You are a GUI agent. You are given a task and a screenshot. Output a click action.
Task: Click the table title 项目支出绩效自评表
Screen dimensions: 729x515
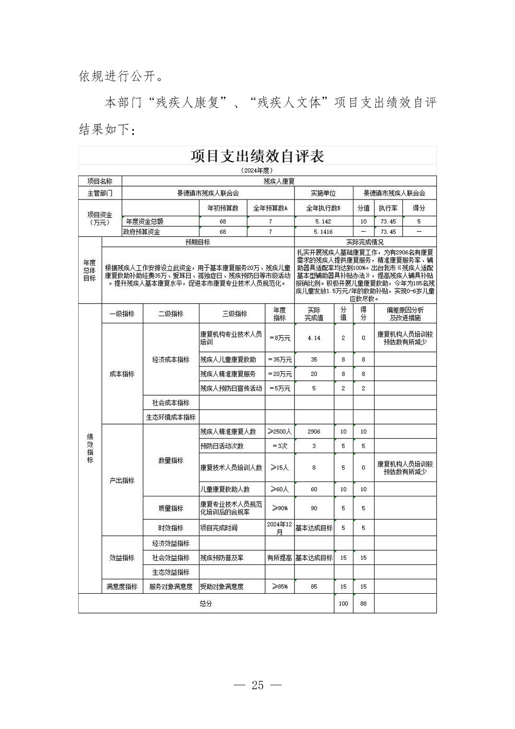coord(257,156)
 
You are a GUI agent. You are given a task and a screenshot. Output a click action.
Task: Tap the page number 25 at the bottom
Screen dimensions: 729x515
coord(257,685)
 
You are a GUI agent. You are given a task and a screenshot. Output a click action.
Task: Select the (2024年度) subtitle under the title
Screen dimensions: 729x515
coord(257,170)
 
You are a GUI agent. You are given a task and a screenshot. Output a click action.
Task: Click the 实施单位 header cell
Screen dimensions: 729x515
coord(323,193)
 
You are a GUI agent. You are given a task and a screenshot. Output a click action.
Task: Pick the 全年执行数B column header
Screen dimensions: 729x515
coord(323,208)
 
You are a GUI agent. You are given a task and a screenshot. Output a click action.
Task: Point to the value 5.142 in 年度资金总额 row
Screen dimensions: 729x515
coord(323,222)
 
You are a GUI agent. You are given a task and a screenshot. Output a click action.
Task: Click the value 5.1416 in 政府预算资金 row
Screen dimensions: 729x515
coord(323,232)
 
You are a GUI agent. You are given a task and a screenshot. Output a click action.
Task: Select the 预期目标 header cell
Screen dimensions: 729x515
coord(198,242)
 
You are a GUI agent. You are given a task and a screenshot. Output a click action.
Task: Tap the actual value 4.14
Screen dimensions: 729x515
coord(314,338)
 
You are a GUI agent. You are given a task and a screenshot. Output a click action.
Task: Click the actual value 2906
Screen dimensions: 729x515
coord(314,432)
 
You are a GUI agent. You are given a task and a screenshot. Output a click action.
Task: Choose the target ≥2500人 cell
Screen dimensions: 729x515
coord(280,432)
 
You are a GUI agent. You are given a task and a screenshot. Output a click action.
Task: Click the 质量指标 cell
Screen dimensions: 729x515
coord(171,508)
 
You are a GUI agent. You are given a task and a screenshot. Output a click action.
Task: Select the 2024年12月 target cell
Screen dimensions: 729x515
coord(280,528)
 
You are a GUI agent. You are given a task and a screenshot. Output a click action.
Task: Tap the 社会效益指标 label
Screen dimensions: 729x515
coord(171,558)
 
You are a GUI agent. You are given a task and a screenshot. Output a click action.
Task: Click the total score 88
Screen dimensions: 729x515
coord(363,603)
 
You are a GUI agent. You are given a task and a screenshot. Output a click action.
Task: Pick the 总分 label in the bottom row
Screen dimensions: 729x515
coord(206,603)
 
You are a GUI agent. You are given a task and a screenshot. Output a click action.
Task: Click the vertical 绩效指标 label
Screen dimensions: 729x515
coord(90,448)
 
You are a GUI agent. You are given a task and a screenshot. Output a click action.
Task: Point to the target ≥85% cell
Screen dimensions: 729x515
coord(280,586)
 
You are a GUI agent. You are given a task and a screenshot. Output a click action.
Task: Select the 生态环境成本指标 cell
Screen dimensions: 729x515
coord(171,417)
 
